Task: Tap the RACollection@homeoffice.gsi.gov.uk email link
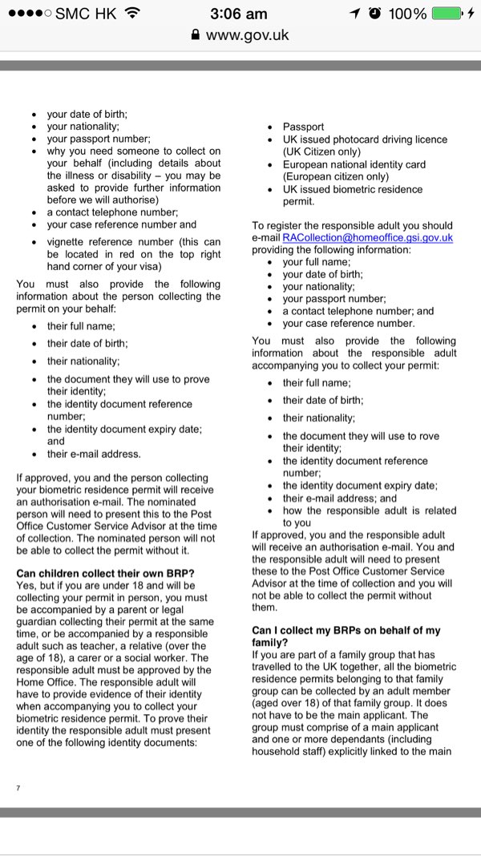[368, 238]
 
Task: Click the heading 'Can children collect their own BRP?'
[105, 572]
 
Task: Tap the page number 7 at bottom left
[18, 788]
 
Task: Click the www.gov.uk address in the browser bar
[248, 35]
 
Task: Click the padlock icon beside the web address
[195, 35]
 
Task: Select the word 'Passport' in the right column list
[303, 127]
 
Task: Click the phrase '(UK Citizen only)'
[325, 151]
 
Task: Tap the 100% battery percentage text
[407, 14]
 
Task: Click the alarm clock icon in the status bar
[374, 14]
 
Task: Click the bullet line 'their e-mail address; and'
[339, 498]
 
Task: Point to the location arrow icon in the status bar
[355, 14]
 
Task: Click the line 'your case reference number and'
[121, 224]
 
